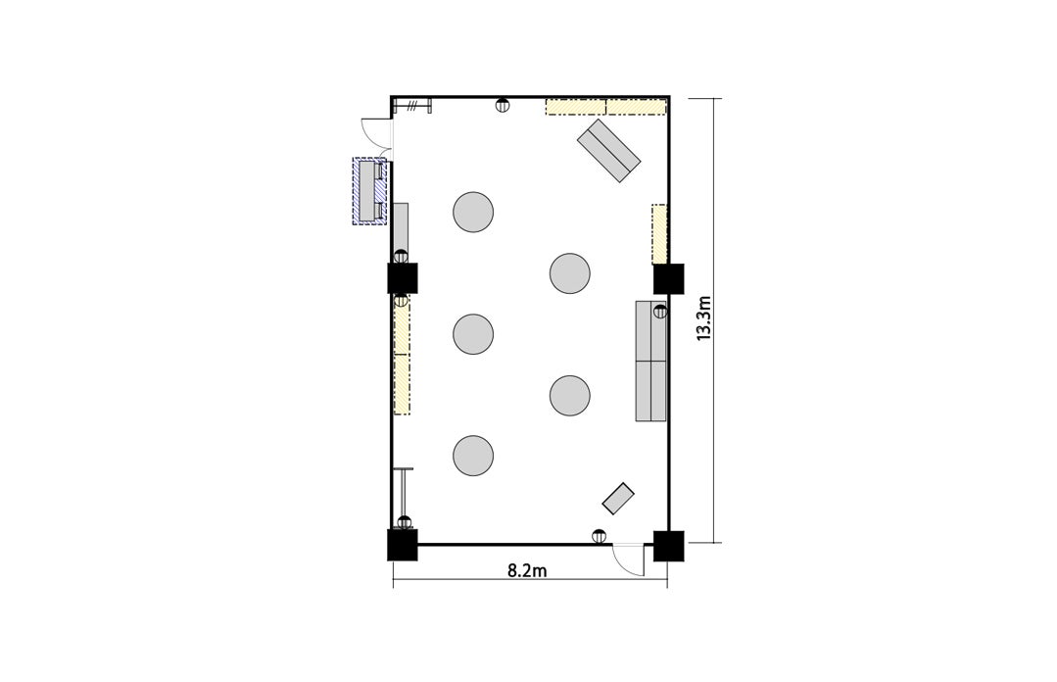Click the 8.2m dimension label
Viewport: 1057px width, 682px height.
tap(526, 570)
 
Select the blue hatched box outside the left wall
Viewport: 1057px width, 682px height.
tap(370, 191)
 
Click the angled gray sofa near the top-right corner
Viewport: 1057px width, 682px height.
tap(608, 151)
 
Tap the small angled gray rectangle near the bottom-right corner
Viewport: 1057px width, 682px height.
tap(618, 499)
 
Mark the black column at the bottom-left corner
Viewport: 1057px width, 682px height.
tap(403, 545)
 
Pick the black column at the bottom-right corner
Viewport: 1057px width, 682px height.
tap(669, 546)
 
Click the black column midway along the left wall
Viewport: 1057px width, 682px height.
tap(404, 278)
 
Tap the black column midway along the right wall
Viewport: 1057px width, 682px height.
tap(669, 278)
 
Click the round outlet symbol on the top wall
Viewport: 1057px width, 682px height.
tap(503, 105)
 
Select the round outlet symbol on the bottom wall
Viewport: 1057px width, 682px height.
tap(598, 536)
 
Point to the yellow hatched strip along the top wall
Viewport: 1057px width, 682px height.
tap(605, 107)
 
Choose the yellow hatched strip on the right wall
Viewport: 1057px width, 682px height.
tap(659, 233)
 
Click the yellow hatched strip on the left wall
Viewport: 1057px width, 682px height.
tap(403, 356)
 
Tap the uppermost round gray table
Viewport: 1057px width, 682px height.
tap(473, 212)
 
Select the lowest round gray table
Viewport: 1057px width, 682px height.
tap(473, 456)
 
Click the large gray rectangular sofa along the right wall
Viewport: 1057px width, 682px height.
tap(651, 361)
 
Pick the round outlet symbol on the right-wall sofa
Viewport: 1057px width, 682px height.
tap(660, 312)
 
